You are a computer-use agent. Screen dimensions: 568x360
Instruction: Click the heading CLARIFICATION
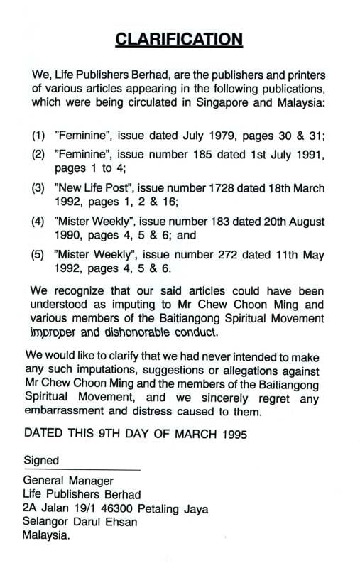[179, 39]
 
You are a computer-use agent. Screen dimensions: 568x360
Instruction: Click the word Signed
[41, 460]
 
